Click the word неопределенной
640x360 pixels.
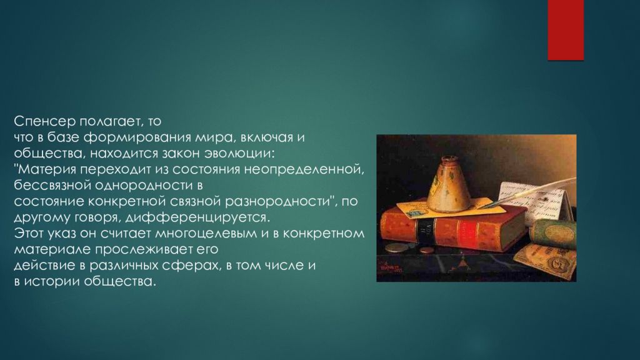[304, 169]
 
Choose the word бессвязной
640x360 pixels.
[52, 185]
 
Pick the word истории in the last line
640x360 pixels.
[52, 282]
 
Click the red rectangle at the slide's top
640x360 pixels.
[565, 30]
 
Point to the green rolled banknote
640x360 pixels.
[553, 234]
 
